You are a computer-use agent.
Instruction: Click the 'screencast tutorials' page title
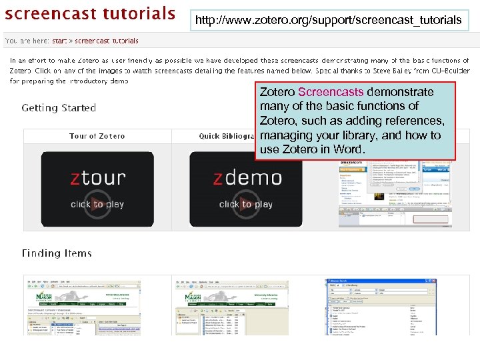tap(91, 13)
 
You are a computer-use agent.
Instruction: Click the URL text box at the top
tap(329, 21)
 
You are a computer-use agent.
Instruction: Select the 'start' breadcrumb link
tap(59, 41)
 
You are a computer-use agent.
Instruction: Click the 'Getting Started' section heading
tap(59, 108)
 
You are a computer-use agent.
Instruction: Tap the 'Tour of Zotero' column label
tap(97, 136)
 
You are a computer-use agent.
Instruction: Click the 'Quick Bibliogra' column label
tap(227, 136)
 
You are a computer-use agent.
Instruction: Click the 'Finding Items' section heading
tap(57, 253)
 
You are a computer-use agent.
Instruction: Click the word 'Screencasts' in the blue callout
tap(331, 92)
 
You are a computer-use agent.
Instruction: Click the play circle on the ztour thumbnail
tap(97, 203)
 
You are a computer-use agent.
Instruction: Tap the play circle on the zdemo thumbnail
tap(246, 203)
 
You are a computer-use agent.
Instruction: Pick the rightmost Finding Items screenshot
tap(380, 307)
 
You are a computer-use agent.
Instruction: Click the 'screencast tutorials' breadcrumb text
tap(107, 41)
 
